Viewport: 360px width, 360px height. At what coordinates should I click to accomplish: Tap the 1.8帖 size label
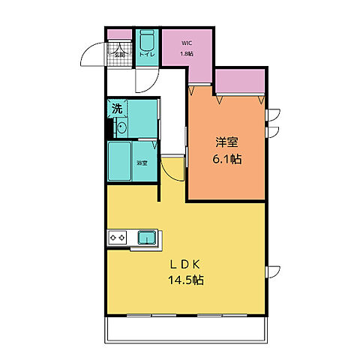click(x=186, y=54)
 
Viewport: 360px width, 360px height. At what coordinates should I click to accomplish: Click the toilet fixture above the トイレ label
click(x=145, y=39)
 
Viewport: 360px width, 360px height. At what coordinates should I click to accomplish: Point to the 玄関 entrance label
click(x=118, y=54)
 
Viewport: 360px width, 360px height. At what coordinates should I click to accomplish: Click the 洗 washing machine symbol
click(x=117, y=108)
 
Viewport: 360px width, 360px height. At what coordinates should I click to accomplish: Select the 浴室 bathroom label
click(x=142, y=163)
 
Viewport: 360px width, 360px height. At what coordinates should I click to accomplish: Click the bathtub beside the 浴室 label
click(x=120, y=160)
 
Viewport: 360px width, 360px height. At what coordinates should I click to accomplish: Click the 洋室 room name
click(x=226, y=142)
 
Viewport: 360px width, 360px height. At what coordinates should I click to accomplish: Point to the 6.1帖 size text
click(x=226, y=159)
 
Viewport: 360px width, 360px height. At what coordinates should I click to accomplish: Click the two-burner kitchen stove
click(x=118, y=238)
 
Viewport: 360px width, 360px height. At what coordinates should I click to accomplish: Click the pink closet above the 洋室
click(x=241, y=81)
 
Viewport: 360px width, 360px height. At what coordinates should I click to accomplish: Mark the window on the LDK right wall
click(x=274, y=271)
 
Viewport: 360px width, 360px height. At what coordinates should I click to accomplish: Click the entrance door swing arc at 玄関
click(x=94, y=55)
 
